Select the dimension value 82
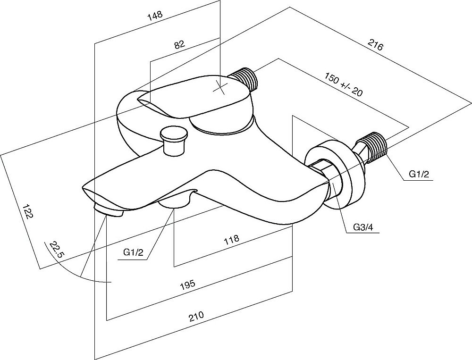(179, 45)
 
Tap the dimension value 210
(196, 315)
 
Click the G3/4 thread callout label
(363, 228)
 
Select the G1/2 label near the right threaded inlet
(419, 175)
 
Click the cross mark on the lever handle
(220, 86)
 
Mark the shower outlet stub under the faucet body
(174, 203)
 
